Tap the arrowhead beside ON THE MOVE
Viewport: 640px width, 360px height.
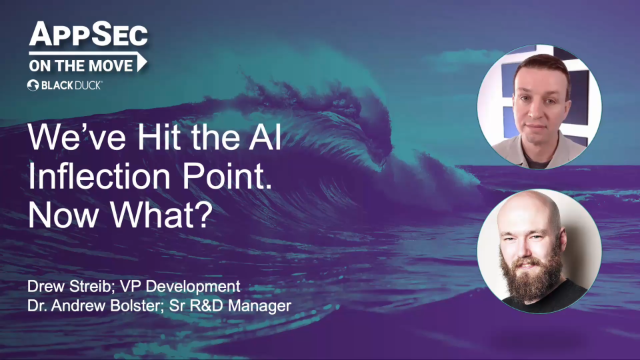coord(142,62)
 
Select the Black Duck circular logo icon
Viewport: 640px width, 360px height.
coord(33,85)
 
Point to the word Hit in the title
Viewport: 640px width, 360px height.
coord(159,137)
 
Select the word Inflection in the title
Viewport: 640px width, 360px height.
coord(99,176)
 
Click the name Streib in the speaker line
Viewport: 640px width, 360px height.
coord(91,287)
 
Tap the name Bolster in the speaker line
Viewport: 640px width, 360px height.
coord(137,306)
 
